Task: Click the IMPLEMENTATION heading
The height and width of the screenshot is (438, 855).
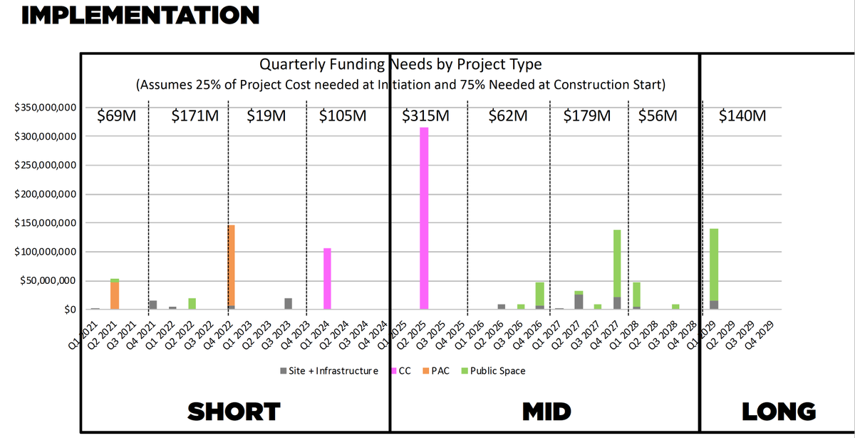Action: click(140, 14)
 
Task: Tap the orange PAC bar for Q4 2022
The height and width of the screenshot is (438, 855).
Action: click(231, 265)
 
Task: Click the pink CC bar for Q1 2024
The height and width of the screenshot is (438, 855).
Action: click(328, 278)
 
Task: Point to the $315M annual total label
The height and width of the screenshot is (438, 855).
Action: click(425, 116)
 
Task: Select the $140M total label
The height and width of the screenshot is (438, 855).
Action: click(742, 116)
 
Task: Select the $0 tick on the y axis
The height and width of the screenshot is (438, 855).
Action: click(69, 310)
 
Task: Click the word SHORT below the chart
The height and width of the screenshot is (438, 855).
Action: click(234, 412)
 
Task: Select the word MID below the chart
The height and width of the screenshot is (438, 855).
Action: click(546, 412)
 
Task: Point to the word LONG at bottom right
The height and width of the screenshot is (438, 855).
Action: click(779, 412)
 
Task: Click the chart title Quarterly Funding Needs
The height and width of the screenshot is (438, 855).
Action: click(400, 65)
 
